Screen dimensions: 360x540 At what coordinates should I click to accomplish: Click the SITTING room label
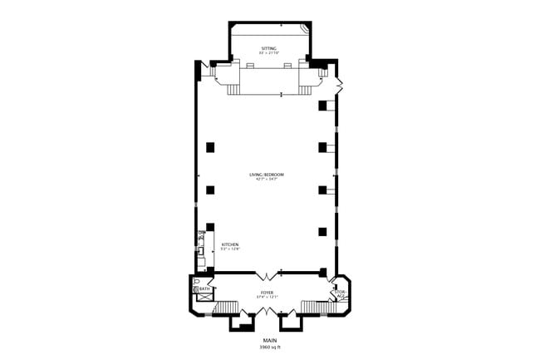pyautogui.click(x=269, y=49)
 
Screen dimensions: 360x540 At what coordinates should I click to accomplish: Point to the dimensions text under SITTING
pyautogui.click(x=269, y=54)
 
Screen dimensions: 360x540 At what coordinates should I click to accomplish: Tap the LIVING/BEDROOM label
pyautogui.click(x=267, y=174)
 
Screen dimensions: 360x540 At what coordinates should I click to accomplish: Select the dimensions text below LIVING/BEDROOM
pyautogui.click(x=267, y=180)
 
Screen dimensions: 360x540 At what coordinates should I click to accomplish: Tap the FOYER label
pyautogui.click(x=268, y=293)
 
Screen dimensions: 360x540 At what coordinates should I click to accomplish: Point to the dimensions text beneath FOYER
pyautogui.click(x=268, y=298)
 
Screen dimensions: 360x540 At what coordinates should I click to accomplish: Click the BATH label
pyautogui.click(x=204, y=289)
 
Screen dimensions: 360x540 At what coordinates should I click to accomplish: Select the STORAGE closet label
pyautogui.click(x=339, y=293)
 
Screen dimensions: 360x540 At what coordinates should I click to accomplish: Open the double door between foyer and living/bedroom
pyautogui.click(x=266, y=274)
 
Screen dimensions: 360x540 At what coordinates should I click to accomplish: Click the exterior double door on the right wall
pyautogui.click(x=339, y=85)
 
